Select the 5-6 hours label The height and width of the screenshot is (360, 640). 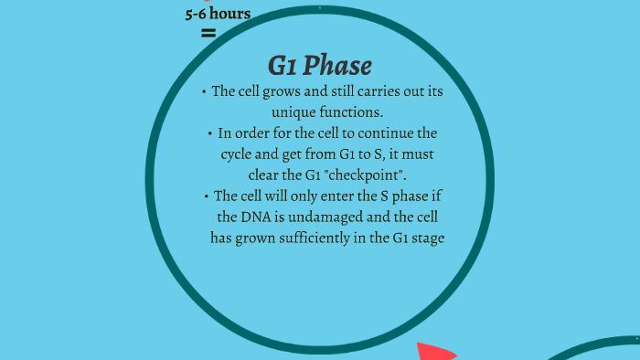[218, 14]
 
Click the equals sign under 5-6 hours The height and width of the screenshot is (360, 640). [208, 33]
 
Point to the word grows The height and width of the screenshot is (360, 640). [291, 91]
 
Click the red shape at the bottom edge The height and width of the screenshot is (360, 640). [435, 352]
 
